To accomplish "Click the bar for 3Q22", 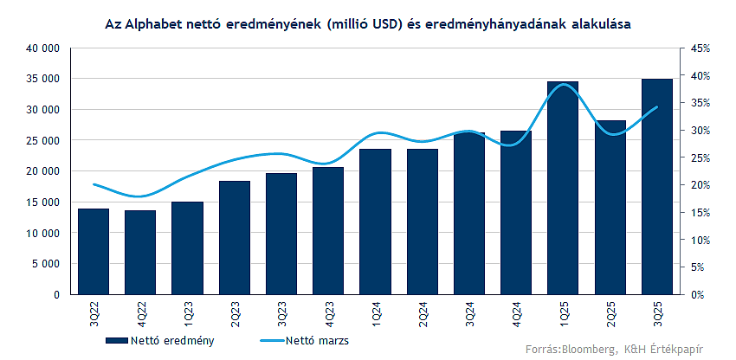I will coord(94,251).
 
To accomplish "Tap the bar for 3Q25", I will coord(656,187).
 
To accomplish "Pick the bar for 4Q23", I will coord(328,230).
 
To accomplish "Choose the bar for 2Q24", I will coord(422,222).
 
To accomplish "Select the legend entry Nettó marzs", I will coord(317,340).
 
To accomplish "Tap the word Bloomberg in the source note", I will coord(589,350).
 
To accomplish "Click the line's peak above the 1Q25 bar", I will coord(563,84).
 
